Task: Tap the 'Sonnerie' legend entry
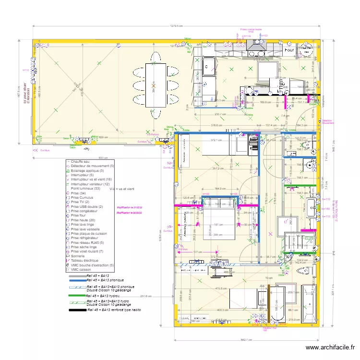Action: pos(78,256)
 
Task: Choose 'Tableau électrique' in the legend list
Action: pos(85,261)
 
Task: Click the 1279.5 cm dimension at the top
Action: pos(177,26)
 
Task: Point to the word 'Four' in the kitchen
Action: pos(289,50)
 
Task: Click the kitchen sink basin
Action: pos(209,64)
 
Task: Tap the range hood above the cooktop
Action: pos(255,45)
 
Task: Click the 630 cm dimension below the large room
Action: pos(103,158)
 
